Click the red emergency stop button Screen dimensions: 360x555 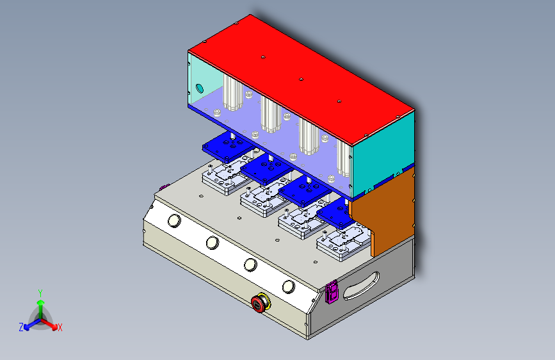pyautogui.click(x=260, y=303)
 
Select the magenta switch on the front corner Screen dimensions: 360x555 pyautogui.click(x=332, y=292)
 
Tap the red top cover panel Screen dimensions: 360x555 pyautogui.click(x=301, y=77)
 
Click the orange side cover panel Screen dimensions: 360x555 pyautogui.click(x=382, y=212)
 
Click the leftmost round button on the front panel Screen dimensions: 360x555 pyautogui.click(x=173, y=222)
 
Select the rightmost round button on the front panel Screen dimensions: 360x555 pyautogui.click(x=289, y=286)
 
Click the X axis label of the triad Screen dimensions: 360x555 pyautogui.click(x=60, y=328)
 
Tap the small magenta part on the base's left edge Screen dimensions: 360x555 pyautogui.click(x=163, y=188)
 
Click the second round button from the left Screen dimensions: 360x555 pyautogui.click(x=212, y=243)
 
